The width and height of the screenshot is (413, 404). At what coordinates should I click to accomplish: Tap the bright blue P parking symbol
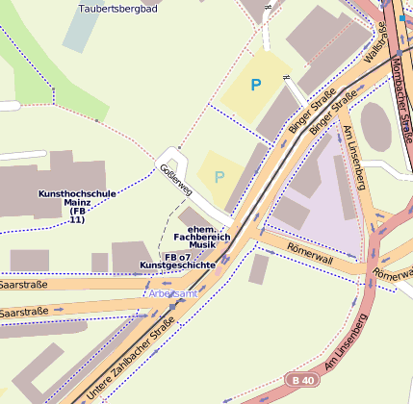255,86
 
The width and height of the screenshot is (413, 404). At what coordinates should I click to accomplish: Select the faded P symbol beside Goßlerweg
219,176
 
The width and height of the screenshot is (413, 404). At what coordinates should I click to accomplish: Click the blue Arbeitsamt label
173,292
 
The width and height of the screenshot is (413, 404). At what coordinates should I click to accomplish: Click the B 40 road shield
301,380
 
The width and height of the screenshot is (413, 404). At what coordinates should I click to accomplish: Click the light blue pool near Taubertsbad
79,30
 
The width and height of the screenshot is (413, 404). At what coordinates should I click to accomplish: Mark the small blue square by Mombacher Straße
401,17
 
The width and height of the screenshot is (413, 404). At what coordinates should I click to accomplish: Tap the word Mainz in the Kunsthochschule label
77,203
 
